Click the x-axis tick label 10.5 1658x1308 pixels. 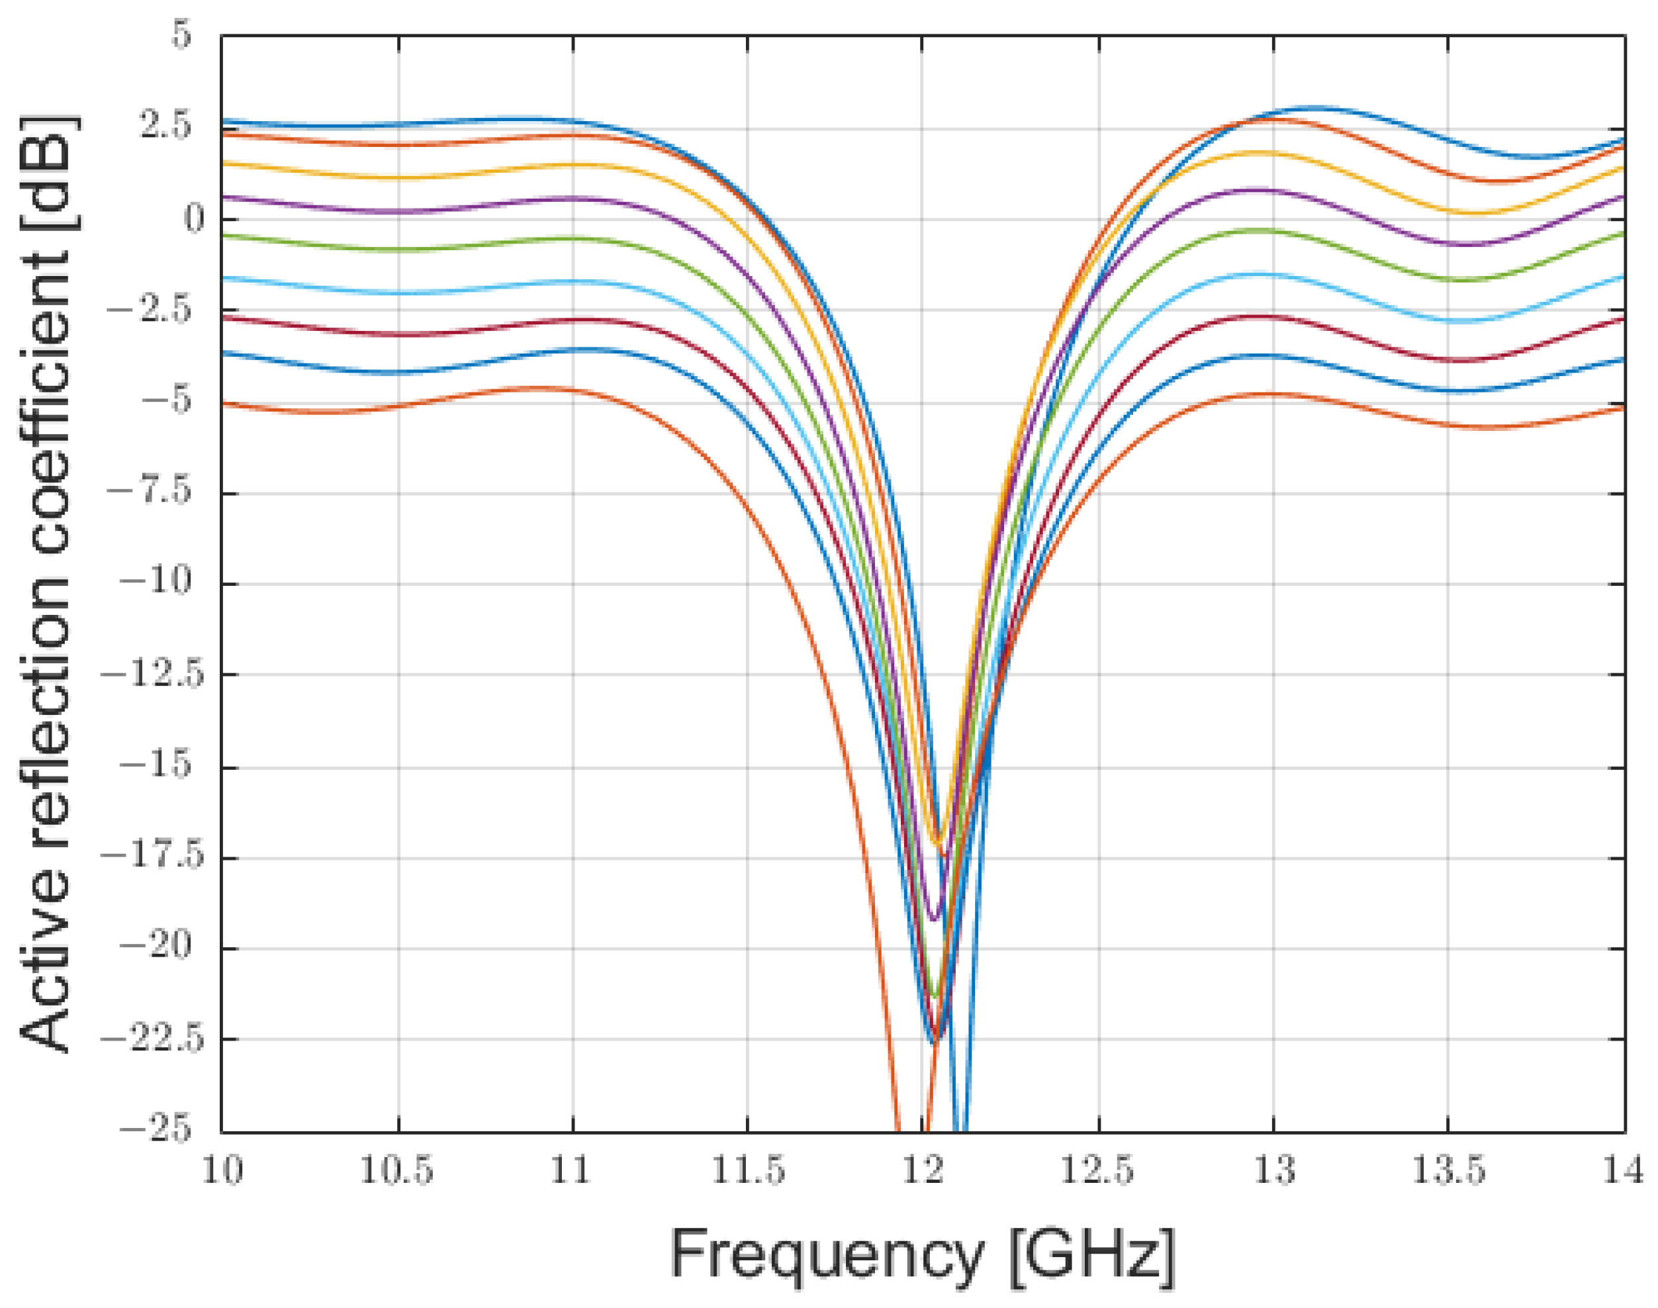[396, 1172]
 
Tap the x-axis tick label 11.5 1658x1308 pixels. [747, 1172]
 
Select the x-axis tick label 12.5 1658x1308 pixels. [1097, 1172]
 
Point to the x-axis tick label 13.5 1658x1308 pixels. [1448, 1172]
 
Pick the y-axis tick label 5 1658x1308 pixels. [181, 35]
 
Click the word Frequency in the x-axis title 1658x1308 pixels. [825, 1254]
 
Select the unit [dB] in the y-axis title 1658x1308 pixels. [46, 172]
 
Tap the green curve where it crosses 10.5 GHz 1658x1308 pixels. [398, 250]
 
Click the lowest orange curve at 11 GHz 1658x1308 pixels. [573, 390]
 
